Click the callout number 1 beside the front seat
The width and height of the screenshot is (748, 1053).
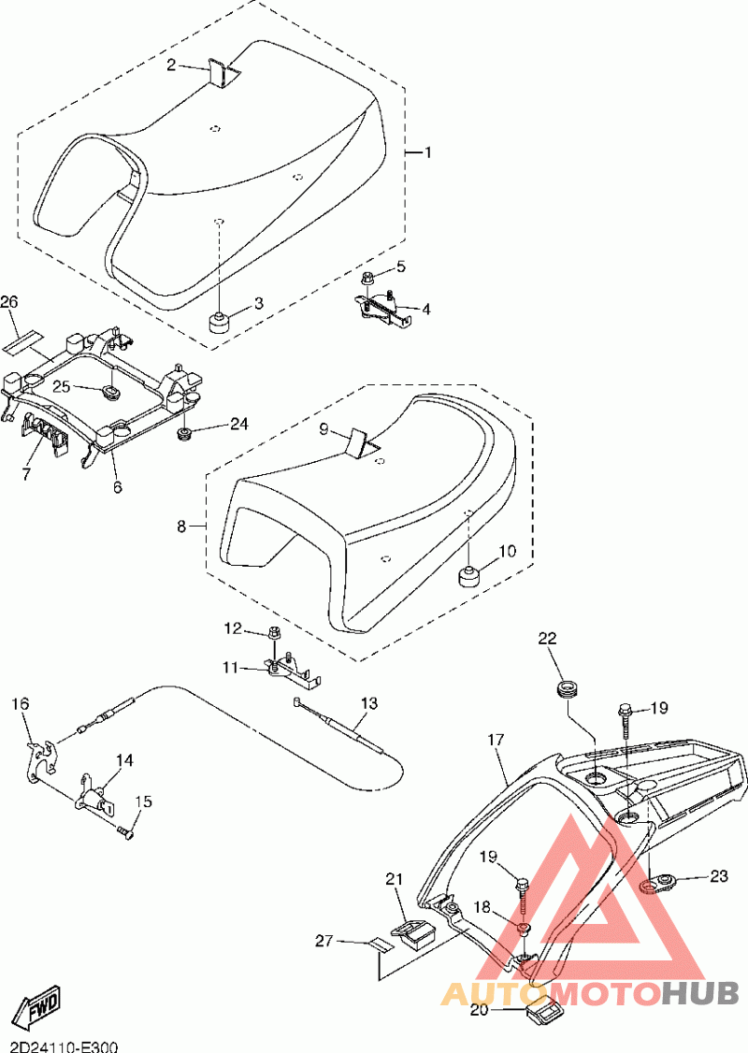427,153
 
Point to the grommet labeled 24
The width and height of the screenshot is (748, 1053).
181,434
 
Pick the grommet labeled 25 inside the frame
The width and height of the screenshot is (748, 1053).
108,391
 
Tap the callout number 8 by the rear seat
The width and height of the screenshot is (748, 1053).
181,526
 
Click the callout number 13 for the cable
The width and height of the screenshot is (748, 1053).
369,703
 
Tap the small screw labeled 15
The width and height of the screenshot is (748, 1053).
125,832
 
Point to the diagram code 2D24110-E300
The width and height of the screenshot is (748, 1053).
59,1047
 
